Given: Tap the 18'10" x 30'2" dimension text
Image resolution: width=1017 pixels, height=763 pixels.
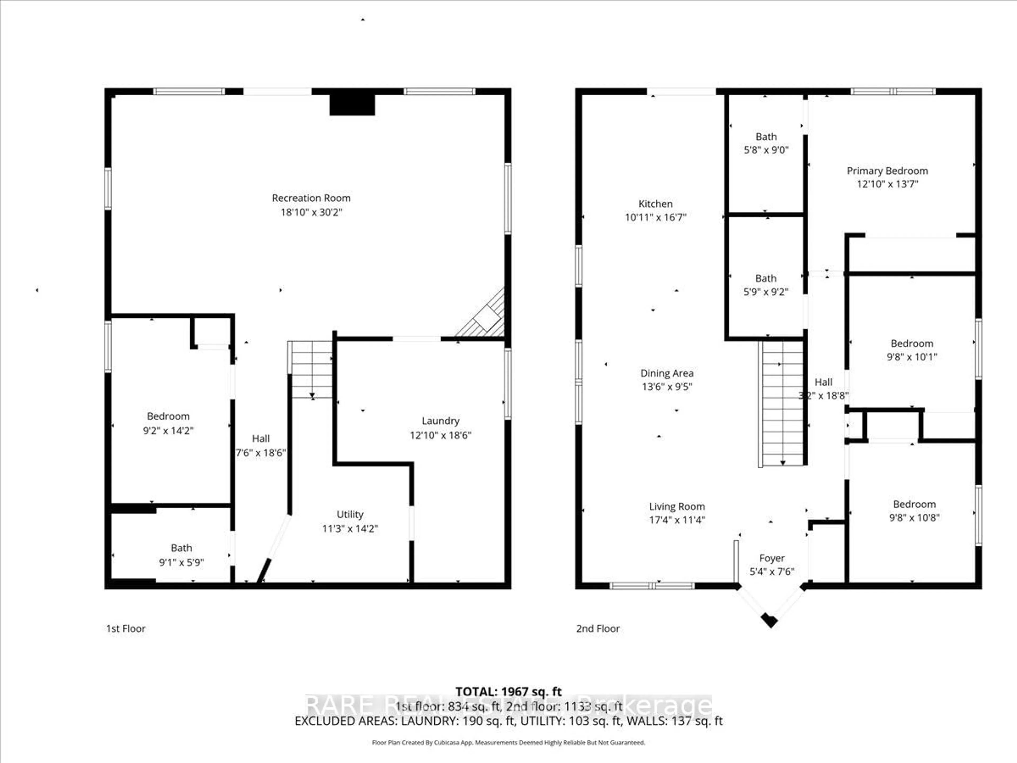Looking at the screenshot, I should [311, 212].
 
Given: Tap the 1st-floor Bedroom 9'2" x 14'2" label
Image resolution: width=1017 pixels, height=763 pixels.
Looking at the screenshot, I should [168, 423].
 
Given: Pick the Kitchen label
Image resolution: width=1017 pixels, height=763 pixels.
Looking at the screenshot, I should [655, 204].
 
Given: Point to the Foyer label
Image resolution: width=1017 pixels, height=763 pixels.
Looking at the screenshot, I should [771, 558].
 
